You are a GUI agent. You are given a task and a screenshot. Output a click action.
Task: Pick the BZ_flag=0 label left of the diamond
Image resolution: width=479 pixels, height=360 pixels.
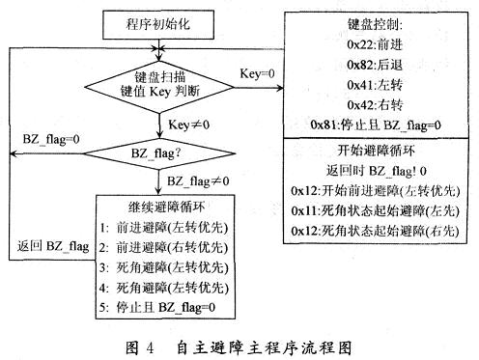click(49, 139)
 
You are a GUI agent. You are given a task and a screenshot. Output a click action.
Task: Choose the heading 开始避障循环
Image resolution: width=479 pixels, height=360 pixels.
click(378, 150)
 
